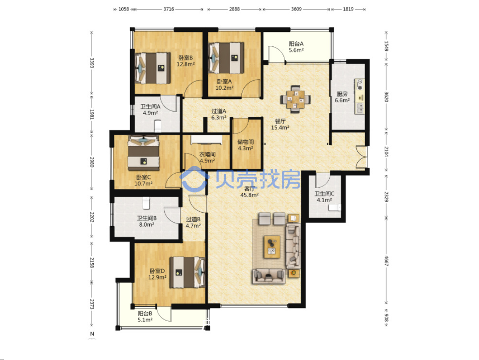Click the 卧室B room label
click(186, 58)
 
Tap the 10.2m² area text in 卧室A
click(225, 88)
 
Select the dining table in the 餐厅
click(296, 99)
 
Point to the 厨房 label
click(342, 94)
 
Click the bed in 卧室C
click(144, 153)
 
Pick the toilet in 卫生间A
click(157, 126)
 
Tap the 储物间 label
click(246, 142)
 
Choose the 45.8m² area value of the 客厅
click(250, 195)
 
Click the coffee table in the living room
click(272, 247)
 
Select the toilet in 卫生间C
click(335, 207)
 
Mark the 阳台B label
click(145, 313)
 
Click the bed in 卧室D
click(187, 272)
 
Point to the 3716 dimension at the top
click(169, 9)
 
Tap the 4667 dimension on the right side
click(386, 261)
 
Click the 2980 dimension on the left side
click(92, 162)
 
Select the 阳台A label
click(296, 44)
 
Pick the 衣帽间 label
click(208, 154)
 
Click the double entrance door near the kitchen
click(361, 157)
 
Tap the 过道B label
click(194, 219)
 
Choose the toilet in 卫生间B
click(146, 203)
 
